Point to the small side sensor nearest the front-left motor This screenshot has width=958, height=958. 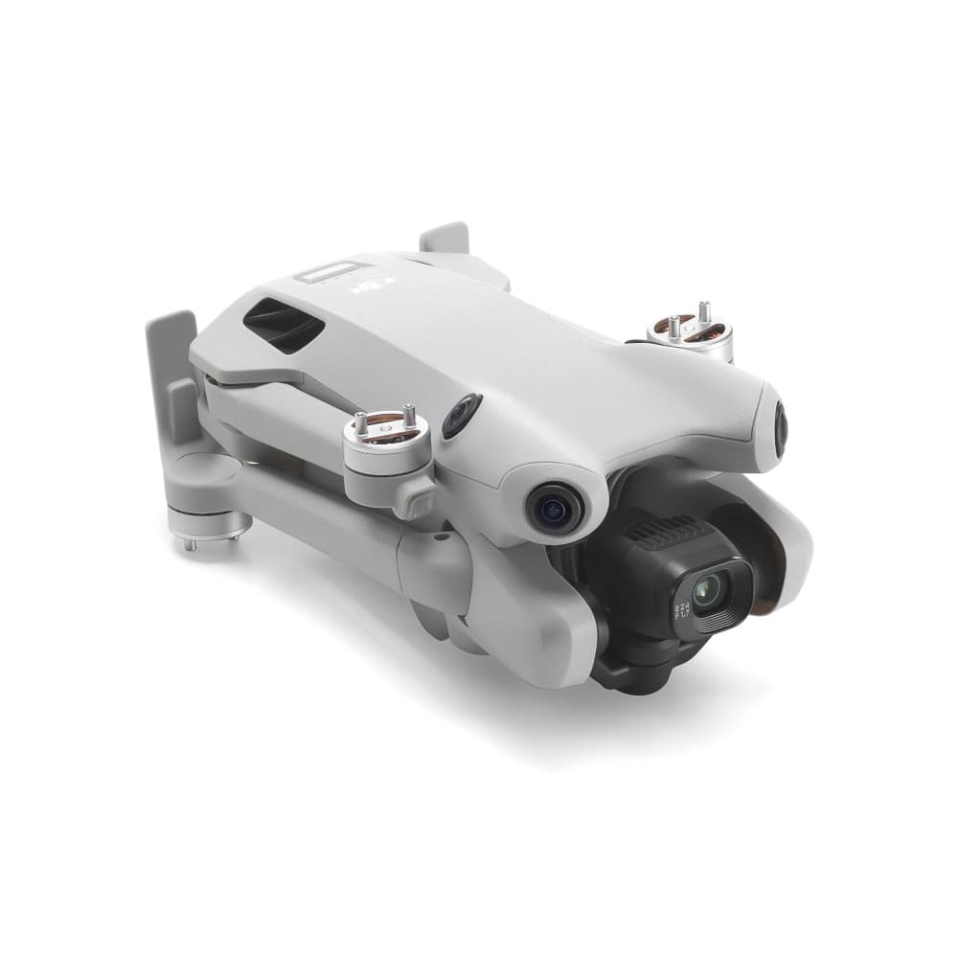coord(461,416)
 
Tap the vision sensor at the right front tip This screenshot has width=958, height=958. coord(781,427)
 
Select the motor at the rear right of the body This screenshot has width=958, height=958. coord(690,335)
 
